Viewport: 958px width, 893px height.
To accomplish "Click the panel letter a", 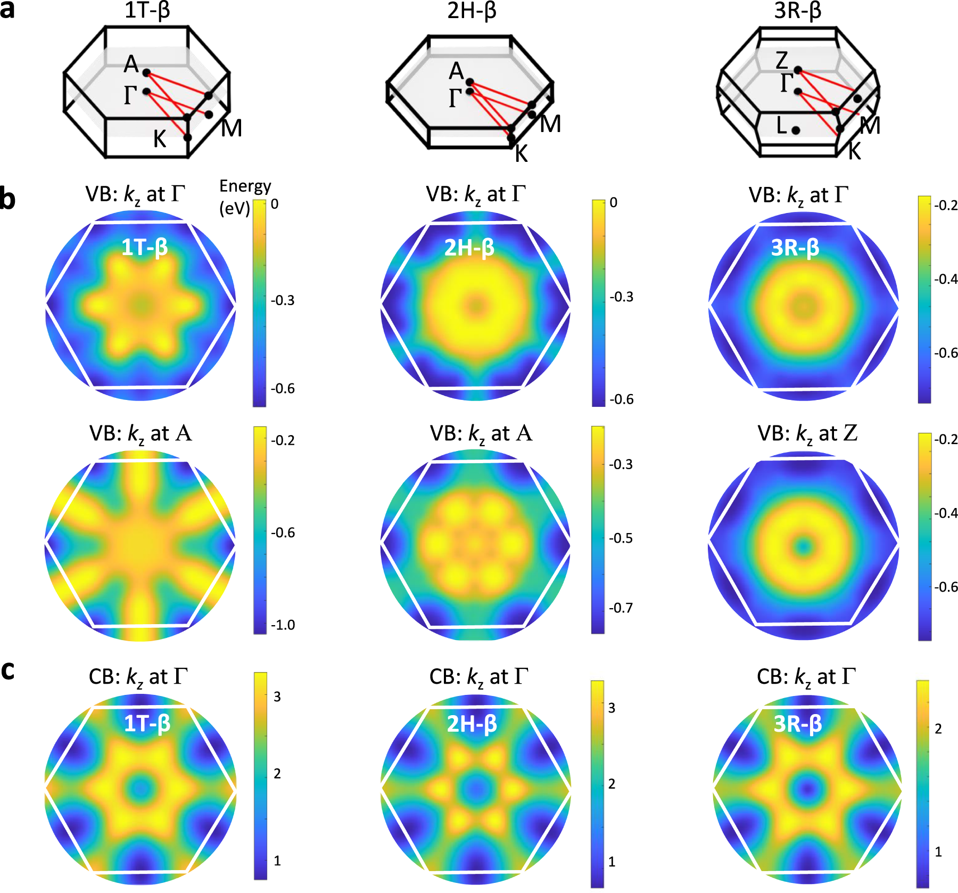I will click(x=7, y=11).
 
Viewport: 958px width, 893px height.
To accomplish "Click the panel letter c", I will click(x=7, y=671).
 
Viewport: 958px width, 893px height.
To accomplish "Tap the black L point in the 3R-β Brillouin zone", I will click(x=796, y=130).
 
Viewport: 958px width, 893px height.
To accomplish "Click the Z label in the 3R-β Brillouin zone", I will click(x=781, y=60).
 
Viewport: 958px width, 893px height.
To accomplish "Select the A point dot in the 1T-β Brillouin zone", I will click(x=146, y=72).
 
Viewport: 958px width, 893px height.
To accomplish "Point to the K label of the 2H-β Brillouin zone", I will click(x=522, y=154).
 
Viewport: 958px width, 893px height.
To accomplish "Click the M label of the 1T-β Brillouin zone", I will click(x=232, y=128).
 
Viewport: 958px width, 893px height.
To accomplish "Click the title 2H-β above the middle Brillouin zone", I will click(x=472, y=11).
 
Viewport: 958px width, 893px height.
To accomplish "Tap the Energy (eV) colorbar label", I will click(x=244, y=197).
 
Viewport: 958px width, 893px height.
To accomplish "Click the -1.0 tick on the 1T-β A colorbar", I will click(x=283, y=625).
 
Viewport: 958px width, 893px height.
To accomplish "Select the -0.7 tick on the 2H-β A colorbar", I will click(x=621, y=608).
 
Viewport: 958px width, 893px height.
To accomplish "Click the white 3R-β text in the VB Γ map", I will click(x=795, y=248).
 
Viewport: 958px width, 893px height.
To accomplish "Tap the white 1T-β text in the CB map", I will click(x=147, y=724).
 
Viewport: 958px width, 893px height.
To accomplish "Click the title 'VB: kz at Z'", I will click(x=807, y=434).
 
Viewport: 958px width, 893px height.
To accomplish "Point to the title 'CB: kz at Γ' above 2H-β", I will click(x=478, y=677).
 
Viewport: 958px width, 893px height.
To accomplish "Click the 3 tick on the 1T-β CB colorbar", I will click(x=277, y=697).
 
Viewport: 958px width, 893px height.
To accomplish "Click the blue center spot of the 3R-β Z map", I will click(x=803, y=545).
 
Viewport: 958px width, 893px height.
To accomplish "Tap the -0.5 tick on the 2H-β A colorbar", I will click(x=621, y=538).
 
